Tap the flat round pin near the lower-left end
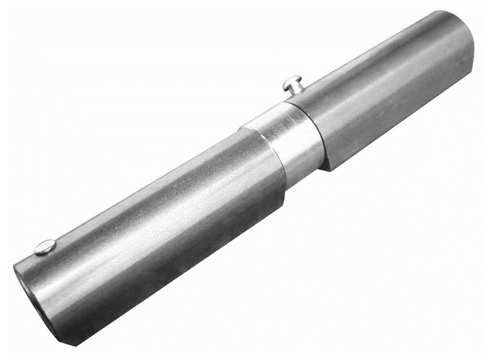click(45, 247)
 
